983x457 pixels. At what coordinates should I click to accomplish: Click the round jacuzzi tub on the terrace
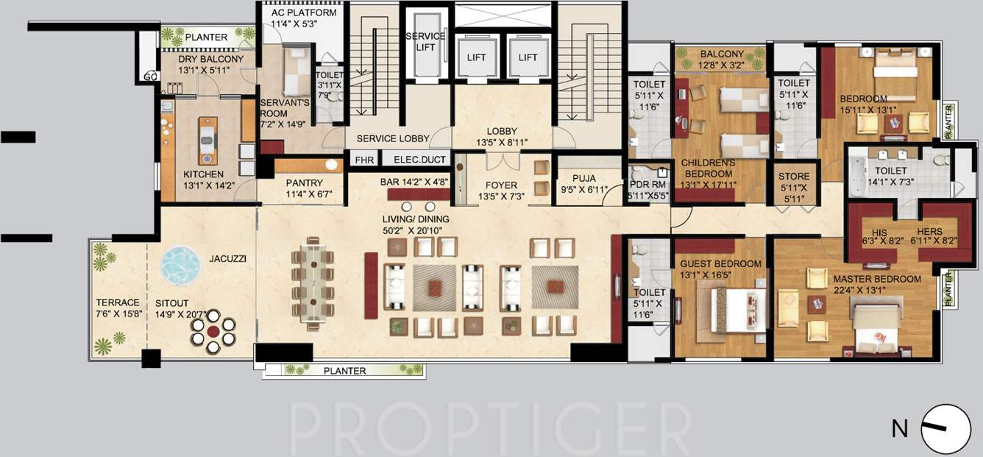pyautogui.click(x=180, y=264)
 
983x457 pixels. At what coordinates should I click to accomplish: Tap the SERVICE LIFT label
pyautogui.click(x=425, y=42)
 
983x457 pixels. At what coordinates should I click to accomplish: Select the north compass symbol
pyautogui.click(x=945, y=429)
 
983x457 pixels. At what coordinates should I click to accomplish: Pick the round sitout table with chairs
pyautogui.click(x=213, y=331)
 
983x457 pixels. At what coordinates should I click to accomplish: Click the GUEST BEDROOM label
pyautogui.click(x=716, y=263)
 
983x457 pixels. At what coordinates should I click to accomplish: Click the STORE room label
pyautogui.click(x=794, y=177)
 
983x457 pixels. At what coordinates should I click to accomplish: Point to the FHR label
pyautogui.click(x=364, y=160)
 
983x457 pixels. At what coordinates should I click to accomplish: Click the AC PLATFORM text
pyautogui.click(x=304, y=13)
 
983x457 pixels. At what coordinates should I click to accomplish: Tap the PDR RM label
pyautogui.click(x=647, y=185)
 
